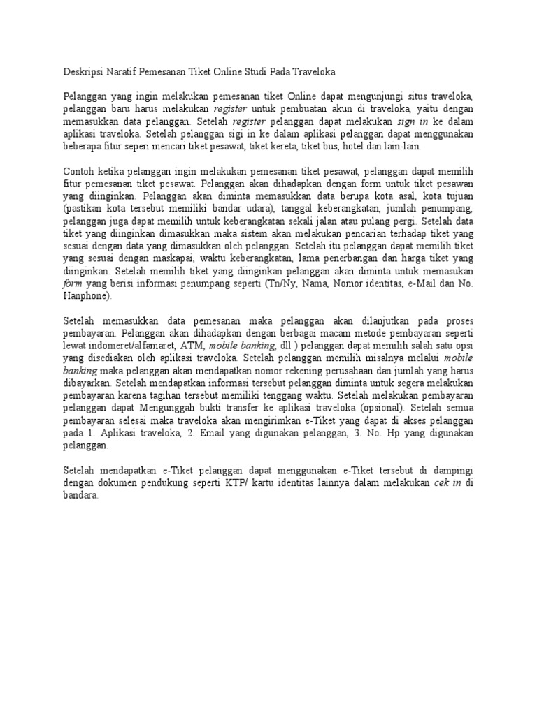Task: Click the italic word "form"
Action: point(73,283)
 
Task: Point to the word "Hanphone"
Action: point(86,296)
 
